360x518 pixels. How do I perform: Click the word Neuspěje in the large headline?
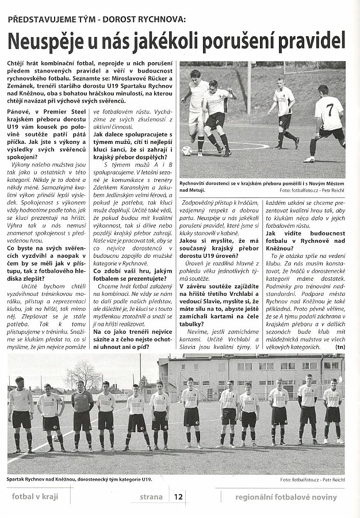46,41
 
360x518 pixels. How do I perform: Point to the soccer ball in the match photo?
186,150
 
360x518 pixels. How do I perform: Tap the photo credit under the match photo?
312,190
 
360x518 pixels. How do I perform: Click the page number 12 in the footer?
178,497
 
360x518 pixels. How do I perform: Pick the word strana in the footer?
155,497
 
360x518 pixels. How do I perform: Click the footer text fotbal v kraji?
35,497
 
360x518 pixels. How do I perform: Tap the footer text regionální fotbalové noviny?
286,497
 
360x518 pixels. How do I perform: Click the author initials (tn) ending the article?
340,346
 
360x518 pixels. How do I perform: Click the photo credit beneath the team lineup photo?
312,479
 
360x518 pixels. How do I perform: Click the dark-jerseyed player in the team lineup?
82,412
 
